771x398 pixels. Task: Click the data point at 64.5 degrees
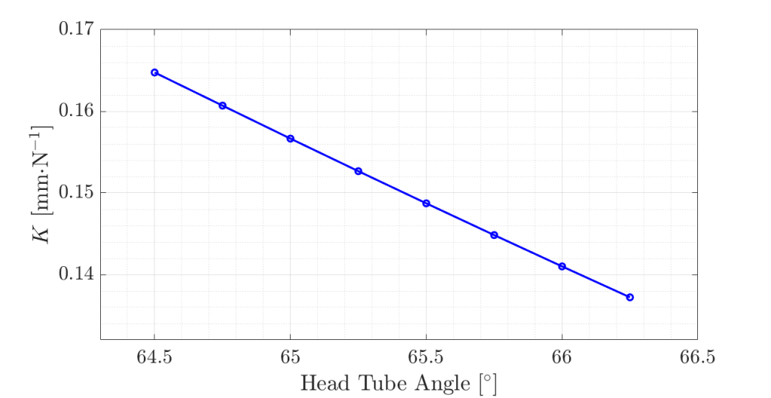154,72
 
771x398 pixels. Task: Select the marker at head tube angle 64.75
222,106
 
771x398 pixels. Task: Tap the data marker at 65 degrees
291,139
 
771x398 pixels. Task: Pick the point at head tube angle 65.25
358,171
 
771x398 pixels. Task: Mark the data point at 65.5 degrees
426,204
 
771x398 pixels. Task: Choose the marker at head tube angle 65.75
494,235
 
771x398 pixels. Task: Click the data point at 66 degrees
562,266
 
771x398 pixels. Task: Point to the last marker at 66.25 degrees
629,297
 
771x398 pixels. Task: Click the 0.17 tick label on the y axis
75,30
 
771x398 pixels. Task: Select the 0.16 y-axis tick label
75,112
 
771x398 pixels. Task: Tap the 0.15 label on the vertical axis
75,193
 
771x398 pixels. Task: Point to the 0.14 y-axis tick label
75,274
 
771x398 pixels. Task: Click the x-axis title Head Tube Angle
398,384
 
